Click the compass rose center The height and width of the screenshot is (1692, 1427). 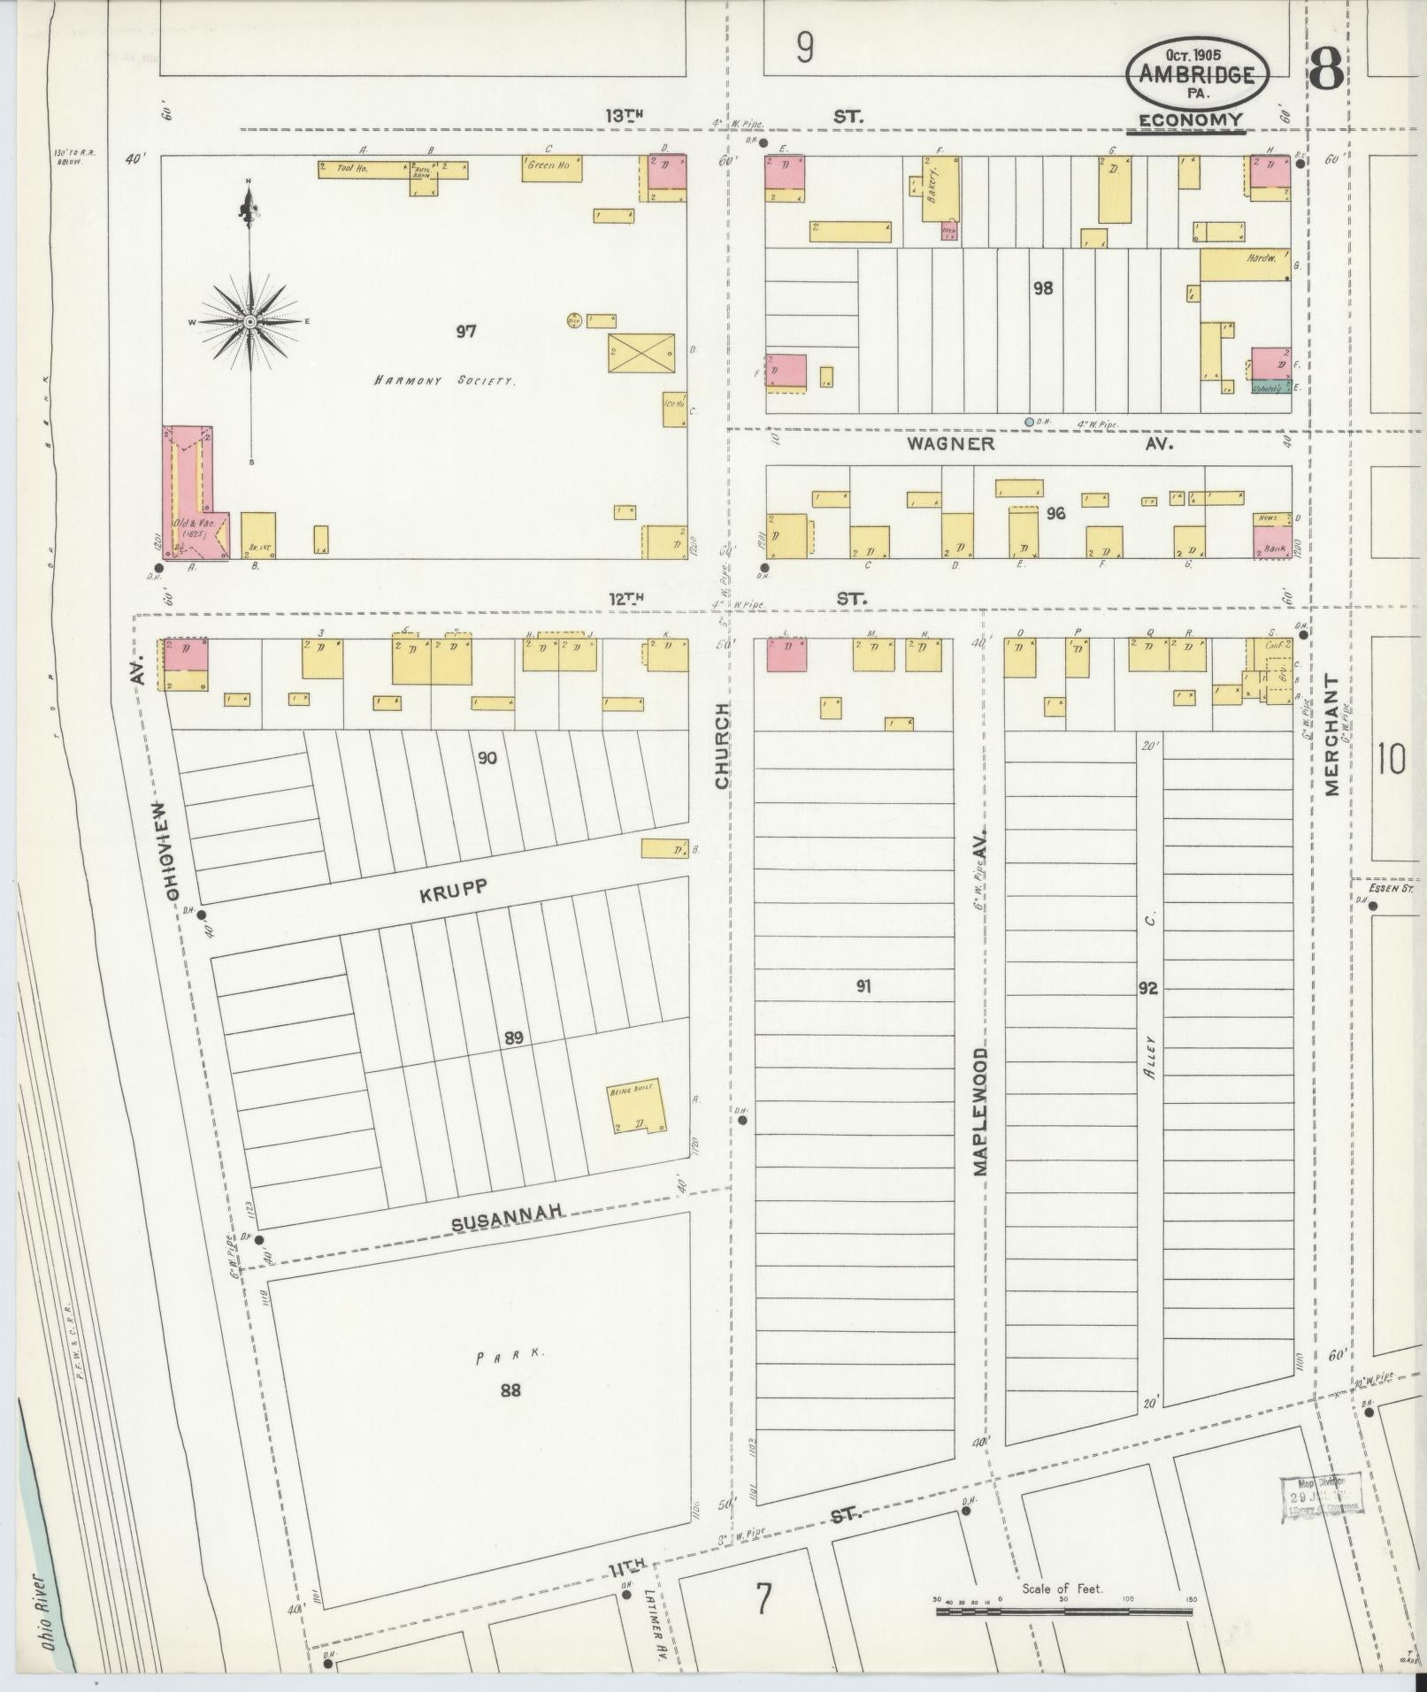click(250, 321)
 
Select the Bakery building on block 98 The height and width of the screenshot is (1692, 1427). click(940, 189)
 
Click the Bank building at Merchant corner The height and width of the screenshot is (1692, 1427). click(1271, 547)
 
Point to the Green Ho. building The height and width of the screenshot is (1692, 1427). click(552, 169)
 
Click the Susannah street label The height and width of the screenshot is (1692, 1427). click(508, 1221)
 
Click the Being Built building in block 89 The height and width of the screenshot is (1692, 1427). click(636, 1108)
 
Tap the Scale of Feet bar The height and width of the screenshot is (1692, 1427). click(1063, 1612)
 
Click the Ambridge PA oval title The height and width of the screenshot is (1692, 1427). click(1197, 75)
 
